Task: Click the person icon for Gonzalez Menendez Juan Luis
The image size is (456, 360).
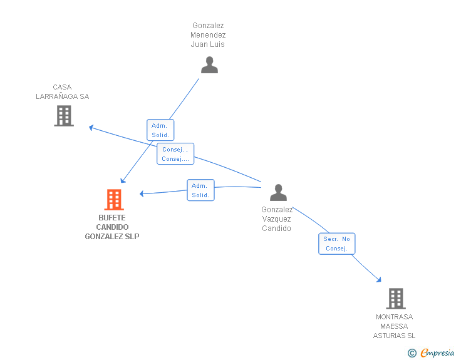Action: click(x=209, y=65)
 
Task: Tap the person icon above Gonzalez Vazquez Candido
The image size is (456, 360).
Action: click(x=278, y=192)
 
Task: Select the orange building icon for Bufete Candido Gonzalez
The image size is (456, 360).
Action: click(x=114, y=200)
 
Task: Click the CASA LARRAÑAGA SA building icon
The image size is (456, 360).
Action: click(x=64, y=116)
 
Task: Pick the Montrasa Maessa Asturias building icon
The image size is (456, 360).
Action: click(x=396, y=299)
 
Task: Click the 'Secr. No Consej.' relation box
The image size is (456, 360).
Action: click(x=337, y=244)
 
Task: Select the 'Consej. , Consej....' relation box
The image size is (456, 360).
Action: click(x=175, y=154)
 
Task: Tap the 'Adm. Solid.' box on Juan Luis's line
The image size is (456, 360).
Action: click(x=160, y=130)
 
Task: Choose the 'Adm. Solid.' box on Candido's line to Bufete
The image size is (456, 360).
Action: click(x=200, y=190)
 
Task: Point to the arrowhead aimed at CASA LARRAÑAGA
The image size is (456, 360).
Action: click(x=91, y=127)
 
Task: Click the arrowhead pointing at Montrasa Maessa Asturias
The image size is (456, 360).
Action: click(x=378, y=280)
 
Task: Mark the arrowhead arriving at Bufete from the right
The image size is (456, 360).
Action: click(x=142, y=193)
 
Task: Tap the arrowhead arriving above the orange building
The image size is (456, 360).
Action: click(x=123, y=180)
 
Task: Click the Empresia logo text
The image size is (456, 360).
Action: click(x=437, y=353)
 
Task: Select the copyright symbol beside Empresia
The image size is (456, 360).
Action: click(x=412, y=353)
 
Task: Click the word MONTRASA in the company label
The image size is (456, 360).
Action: click(x=395, y=317)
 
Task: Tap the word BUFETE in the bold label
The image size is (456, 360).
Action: click(x=112, y=218)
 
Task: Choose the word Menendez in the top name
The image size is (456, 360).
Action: click(x=208, y=35)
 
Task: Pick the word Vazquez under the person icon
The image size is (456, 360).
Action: click(x=276, y=219)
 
